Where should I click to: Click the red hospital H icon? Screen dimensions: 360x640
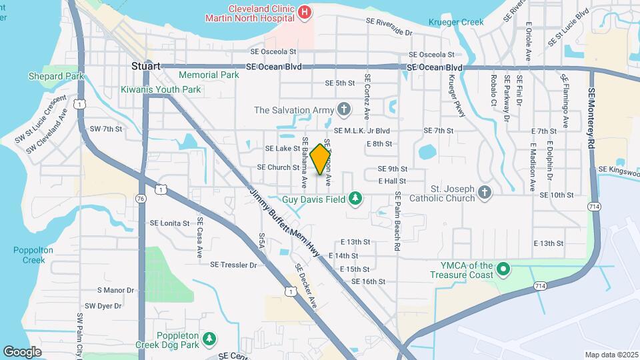[x=305, y=11]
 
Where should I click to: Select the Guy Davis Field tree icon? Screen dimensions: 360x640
[x=356, y=198]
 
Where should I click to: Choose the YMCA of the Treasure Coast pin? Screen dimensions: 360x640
[x=504, y=270]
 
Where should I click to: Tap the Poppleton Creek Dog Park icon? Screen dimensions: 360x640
[x=209, y=339]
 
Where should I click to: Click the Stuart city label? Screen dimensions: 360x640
[x=145, y=67]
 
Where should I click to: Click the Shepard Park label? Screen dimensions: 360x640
[x=56, y=77]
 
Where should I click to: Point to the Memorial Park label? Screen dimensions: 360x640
[x=209, y=75]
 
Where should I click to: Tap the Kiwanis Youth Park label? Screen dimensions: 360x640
[x=161, y=89]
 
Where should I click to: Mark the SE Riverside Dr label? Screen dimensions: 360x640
[x=389, y=27]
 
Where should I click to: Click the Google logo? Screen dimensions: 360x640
[x=22, y=351]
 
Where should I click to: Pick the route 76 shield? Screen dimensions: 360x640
[x=140, y=199]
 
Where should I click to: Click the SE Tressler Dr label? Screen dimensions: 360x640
[x=233, y=265]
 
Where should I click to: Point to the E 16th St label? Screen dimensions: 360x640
[x=369, y=281]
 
